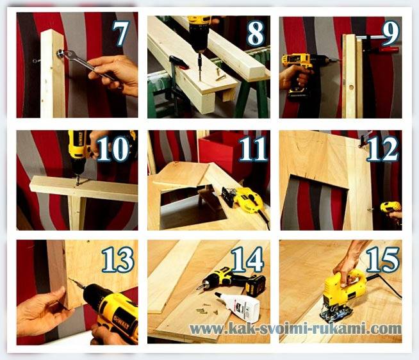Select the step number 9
pos(390,32)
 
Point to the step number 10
pos(113,149)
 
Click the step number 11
pos(253,149)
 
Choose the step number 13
pos(118,259)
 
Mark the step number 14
pos(247,259)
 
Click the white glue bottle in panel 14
pos(238,304)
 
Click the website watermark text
pos(295,328)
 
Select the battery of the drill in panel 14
pos(256,286)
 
